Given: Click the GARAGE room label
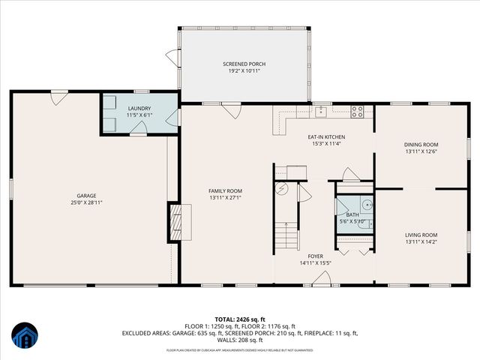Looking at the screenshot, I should pyautogui.click(x=87, y=196).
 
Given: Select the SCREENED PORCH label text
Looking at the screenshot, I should pyautogui.click(x=244, y=64).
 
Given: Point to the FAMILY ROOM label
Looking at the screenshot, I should pyautogui.click(x=225, y=191).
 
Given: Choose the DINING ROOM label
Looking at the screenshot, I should pyautogui.click(x=421, y=144).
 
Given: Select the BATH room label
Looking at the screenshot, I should pyautogui.click(x=352, y=214).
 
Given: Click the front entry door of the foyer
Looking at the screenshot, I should pyautogui.click(x=322, y=279).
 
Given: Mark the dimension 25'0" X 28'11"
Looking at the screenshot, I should pyautogui.click(x=87, y=202).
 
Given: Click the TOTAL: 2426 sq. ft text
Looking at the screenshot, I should pyautogui.click(x=240, y=319).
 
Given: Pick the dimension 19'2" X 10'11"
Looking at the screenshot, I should pyautogui.click(x=244, y=71).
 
